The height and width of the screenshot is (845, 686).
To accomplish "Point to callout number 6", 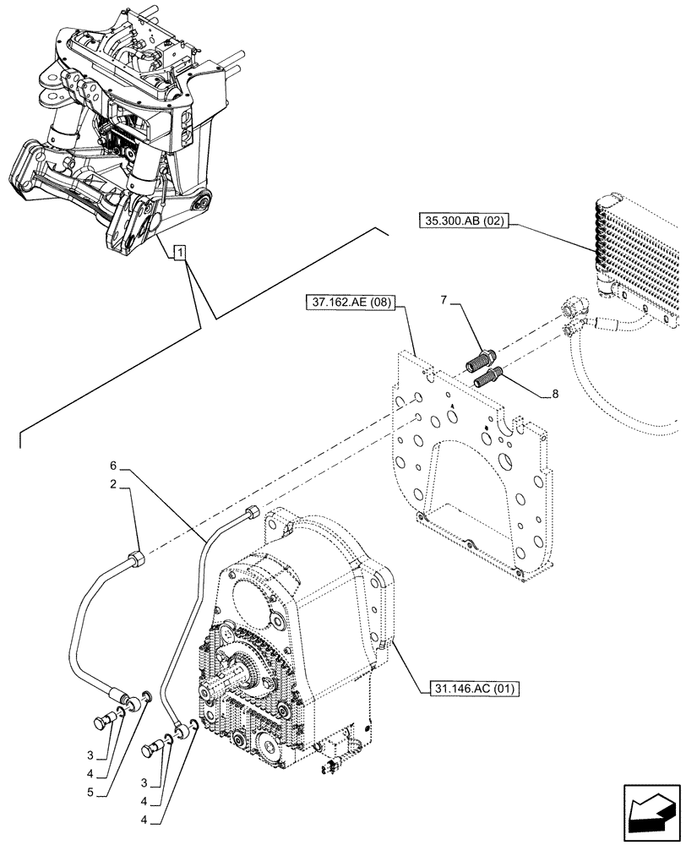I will tap(114, 466).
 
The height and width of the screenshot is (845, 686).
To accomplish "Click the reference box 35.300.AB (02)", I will tap(464, 221).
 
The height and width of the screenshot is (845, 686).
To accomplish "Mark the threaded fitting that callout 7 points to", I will tap(479, 361).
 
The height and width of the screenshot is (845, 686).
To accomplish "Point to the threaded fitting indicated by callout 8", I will tap(490, 376).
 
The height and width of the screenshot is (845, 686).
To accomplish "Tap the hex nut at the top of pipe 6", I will tap(253, 511).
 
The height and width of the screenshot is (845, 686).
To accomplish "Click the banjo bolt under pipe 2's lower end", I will tap(106, 723).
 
